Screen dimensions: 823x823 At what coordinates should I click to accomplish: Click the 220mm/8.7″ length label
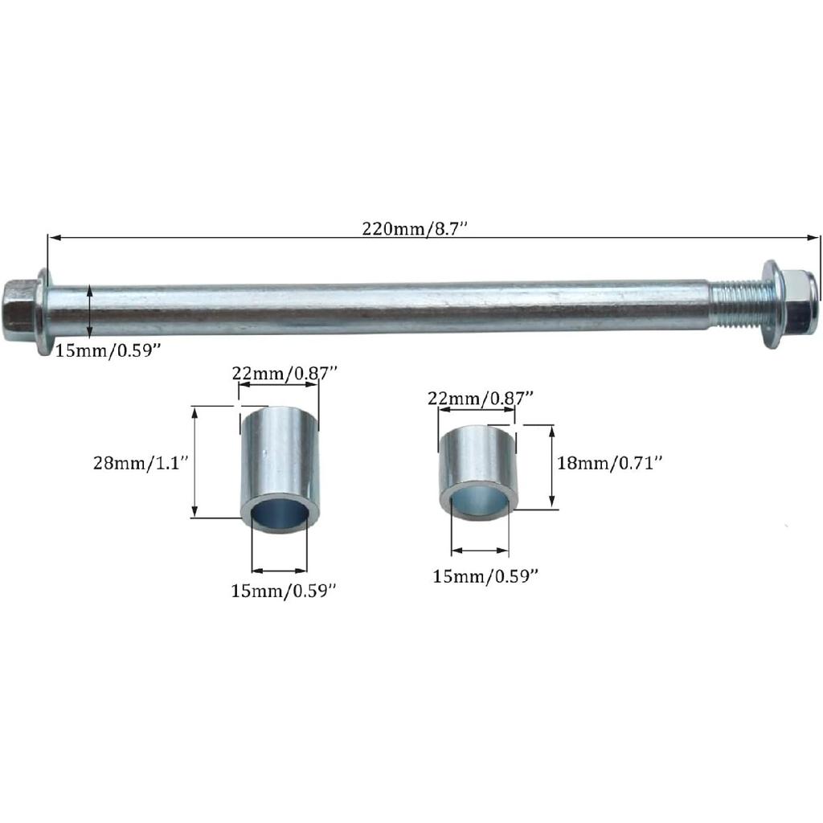click(x=415, y=228)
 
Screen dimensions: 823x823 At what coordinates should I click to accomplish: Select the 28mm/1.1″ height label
click(x=140, y=463)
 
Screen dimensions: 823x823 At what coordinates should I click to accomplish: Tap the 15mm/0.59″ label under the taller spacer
click(x=283, y=592)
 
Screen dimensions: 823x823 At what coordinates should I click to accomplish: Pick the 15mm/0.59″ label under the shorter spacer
click(x=485, y=575)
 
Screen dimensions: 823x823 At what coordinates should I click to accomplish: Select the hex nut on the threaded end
click(x=800, y=296)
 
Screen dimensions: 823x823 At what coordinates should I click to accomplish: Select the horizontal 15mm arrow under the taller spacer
click(x=280, y=567)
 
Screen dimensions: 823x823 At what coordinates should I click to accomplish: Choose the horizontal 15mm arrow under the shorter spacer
click(x=480, y=551)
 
